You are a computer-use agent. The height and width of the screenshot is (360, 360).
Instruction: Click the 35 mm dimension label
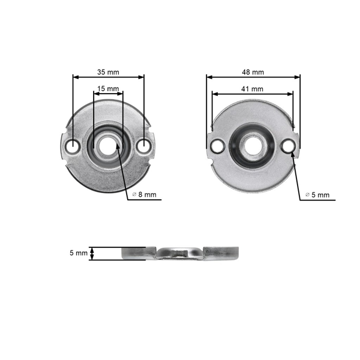(108, 71)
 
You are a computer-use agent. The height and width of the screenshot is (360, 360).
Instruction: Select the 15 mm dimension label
(108, 89)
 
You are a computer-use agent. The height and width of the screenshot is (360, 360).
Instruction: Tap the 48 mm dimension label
(253, 71)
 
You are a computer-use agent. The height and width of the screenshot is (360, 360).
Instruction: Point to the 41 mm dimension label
(253, 89)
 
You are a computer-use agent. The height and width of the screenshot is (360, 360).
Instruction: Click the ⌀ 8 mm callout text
(146, 194)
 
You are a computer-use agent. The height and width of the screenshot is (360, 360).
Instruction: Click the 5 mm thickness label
(78, 254)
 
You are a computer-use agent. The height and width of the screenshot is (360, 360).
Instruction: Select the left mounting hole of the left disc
(73, 146)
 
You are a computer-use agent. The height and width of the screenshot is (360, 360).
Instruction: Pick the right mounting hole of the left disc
(144, 146)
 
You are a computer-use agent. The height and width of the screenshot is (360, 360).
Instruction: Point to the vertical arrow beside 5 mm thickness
(92, 253)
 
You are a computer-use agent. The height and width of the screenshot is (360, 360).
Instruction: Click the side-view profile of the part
(180, 253)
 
